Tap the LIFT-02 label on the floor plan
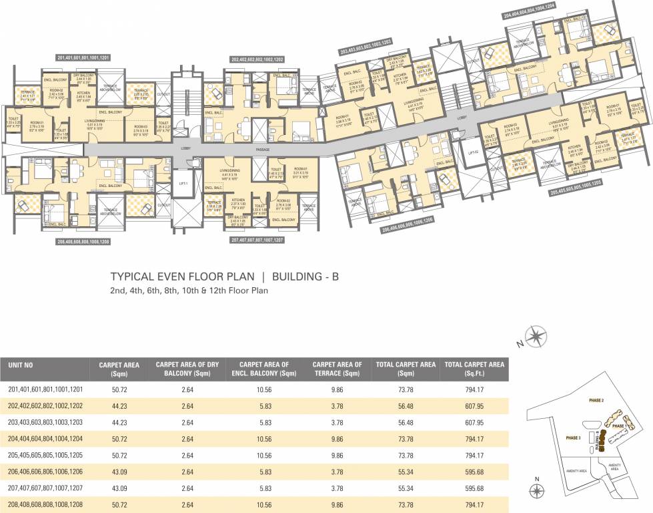(474, 153)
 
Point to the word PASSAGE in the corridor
(262, 150)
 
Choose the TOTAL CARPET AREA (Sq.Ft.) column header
(474, 369)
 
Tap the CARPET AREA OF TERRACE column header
(337, 369)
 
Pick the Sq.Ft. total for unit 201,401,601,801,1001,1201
(474, 388)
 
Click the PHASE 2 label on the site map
(596, 400)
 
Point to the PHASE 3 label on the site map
(574, 438)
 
